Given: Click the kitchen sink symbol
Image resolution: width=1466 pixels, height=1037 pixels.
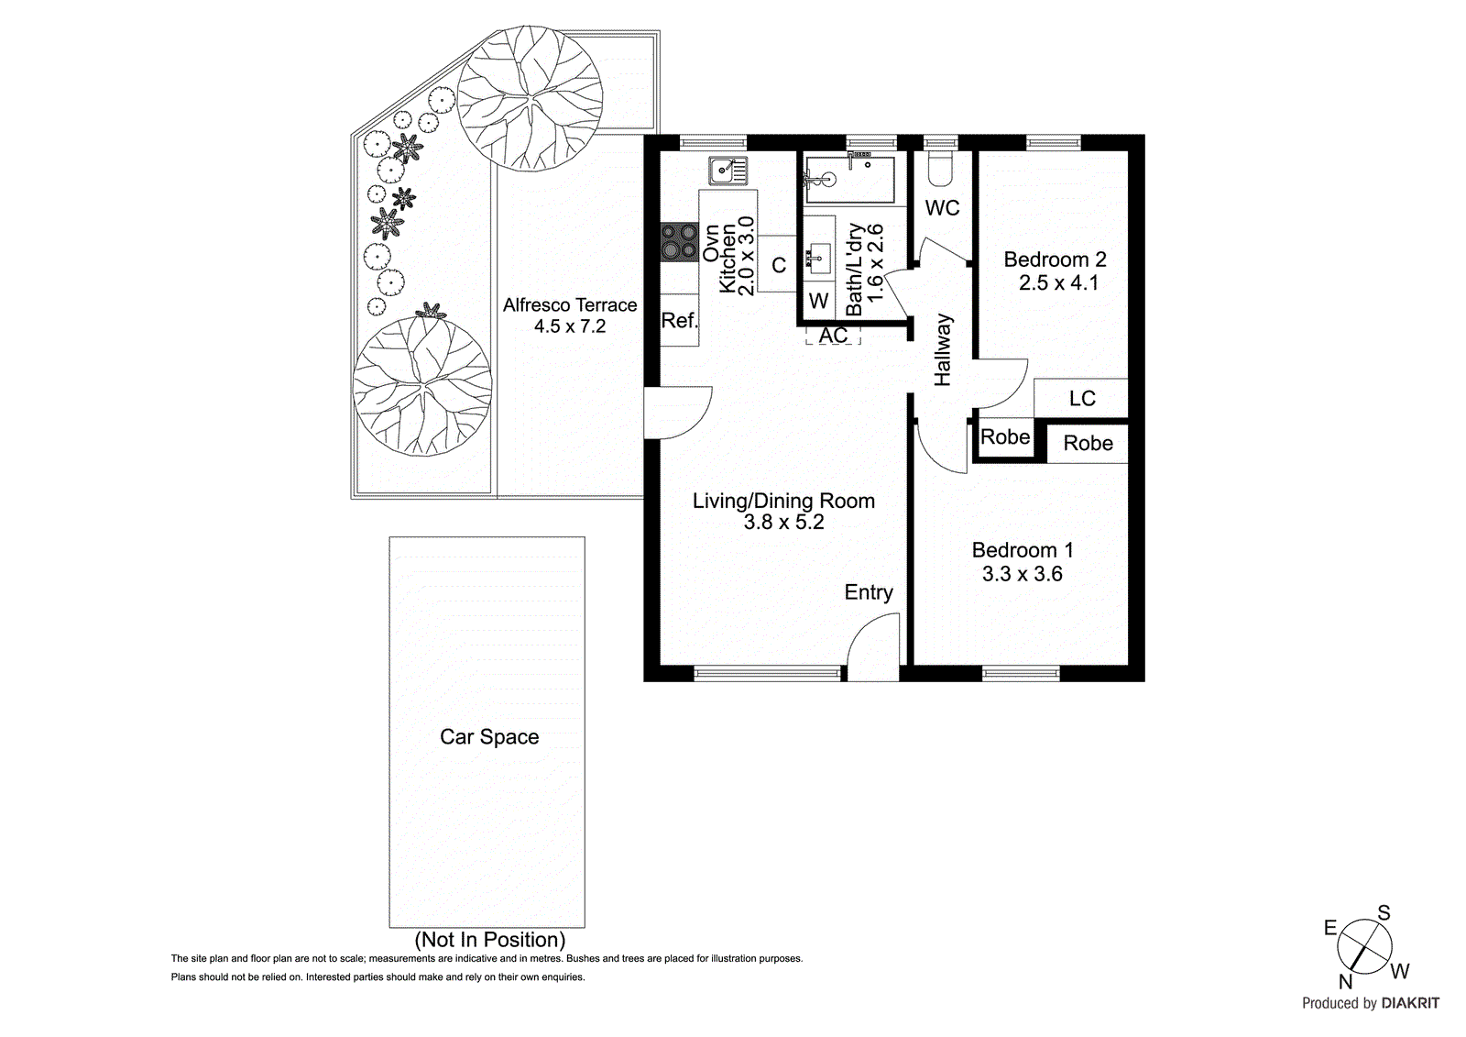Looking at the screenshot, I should (728, 171).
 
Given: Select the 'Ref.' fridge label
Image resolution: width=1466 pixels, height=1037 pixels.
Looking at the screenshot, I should (679, 321).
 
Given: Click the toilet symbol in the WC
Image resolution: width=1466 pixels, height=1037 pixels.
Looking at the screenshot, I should (940, 167).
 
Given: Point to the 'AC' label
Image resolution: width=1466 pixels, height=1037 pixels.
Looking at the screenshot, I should (833, 336).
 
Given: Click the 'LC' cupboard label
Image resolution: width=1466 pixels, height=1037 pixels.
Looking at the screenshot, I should (1082, 398).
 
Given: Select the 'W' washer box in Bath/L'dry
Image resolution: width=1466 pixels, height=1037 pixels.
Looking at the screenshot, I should (818, 301).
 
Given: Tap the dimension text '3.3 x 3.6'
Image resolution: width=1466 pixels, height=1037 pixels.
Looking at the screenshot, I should (1022, 574).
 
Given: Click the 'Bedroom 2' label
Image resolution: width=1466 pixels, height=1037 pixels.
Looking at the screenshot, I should (1055, 259).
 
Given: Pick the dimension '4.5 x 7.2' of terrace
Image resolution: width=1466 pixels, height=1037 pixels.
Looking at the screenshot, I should (570, 326).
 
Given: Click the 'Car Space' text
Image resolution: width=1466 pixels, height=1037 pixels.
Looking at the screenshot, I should (489, 737).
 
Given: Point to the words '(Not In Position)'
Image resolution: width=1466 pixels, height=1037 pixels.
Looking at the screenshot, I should (489, 940).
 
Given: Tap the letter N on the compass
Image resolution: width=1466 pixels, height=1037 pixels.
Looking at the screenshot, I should (1345, 981).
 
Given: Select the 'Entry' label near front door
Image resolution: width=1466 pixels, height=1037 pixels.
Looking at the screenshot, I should (868, 592).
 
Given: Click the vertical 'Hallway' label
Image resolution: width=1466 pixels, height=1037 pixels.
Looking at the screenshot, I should (943, 349).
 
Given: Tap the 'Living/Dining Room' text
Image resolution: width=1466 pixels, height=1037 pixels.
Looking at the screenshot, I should (783, 501).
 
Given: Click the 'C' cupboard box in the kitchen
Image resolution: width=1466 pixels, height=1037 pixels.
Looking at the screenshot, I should (779, 265).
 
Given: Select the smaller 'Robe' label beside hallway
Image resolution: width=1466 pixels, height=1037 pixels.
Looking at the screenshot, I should (1005, 437).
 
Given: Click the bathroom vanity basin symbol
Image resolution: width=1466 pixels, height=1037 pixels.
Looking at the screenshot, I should (817, 254).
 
